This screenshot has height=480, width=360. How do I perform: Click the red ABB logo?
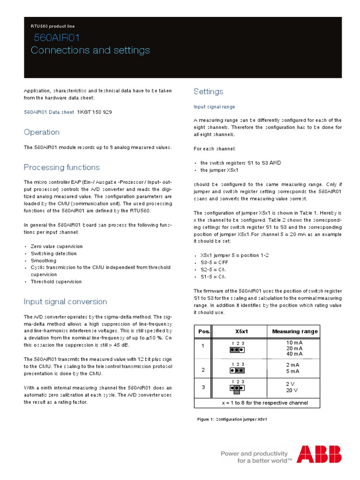319,454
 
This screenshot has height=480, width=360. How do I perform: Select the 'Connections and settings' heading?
90,50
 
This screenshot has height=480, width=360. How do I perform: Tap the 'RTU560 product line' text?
52,26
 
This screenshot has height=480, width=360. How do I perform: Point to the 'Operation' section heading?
42,132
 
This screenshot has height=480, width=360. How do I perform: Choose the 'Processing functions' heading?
62,167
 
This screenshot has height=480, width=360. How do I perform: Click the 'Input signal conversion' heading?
65,301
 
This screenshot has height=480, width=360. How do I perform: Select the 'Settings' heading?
209,91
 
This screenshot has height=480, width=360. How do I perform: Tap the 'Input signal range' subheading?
214,107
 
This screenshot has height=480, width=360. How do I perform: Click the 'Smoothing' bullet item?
44,261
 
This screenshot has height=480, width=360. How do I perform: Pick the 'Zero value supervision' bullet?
57,246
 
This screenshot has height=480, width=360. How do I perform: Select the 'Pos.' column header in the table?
203,331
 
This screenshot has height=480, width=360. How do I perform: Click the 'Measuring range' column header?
295,331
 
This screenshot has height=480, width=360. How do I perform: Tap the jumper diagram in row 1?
237,349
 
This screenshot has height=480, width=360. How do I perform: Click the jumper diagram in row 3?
237,389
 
